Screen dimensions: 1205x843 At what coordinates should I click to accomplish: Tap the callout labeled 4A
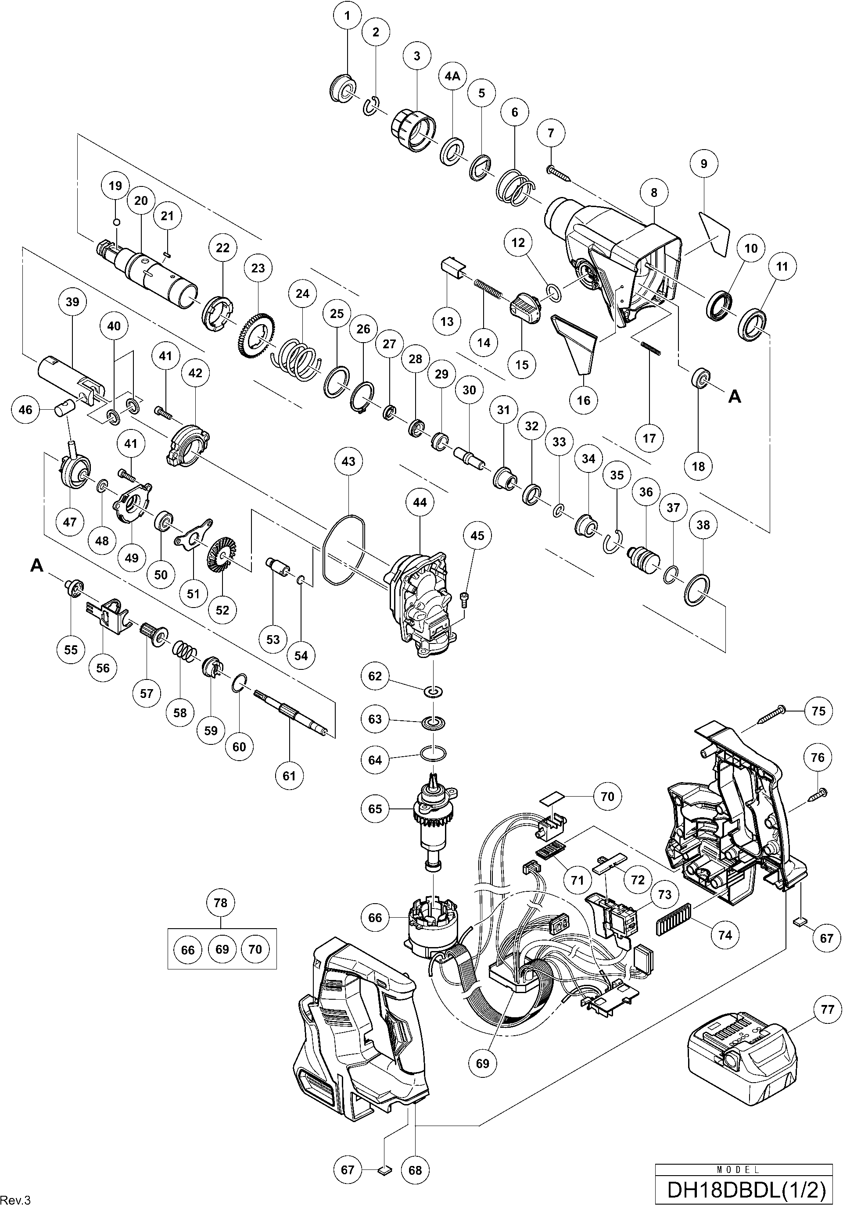(452, 75)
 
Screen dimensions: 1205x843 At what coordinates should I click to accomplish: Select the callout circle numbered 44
(420, 502)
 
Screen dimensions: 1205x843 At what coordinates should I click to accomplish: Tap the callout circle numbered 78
(220, 902)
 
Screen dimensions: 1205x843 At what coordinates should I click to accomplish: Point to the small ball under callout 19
(117, 222)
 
